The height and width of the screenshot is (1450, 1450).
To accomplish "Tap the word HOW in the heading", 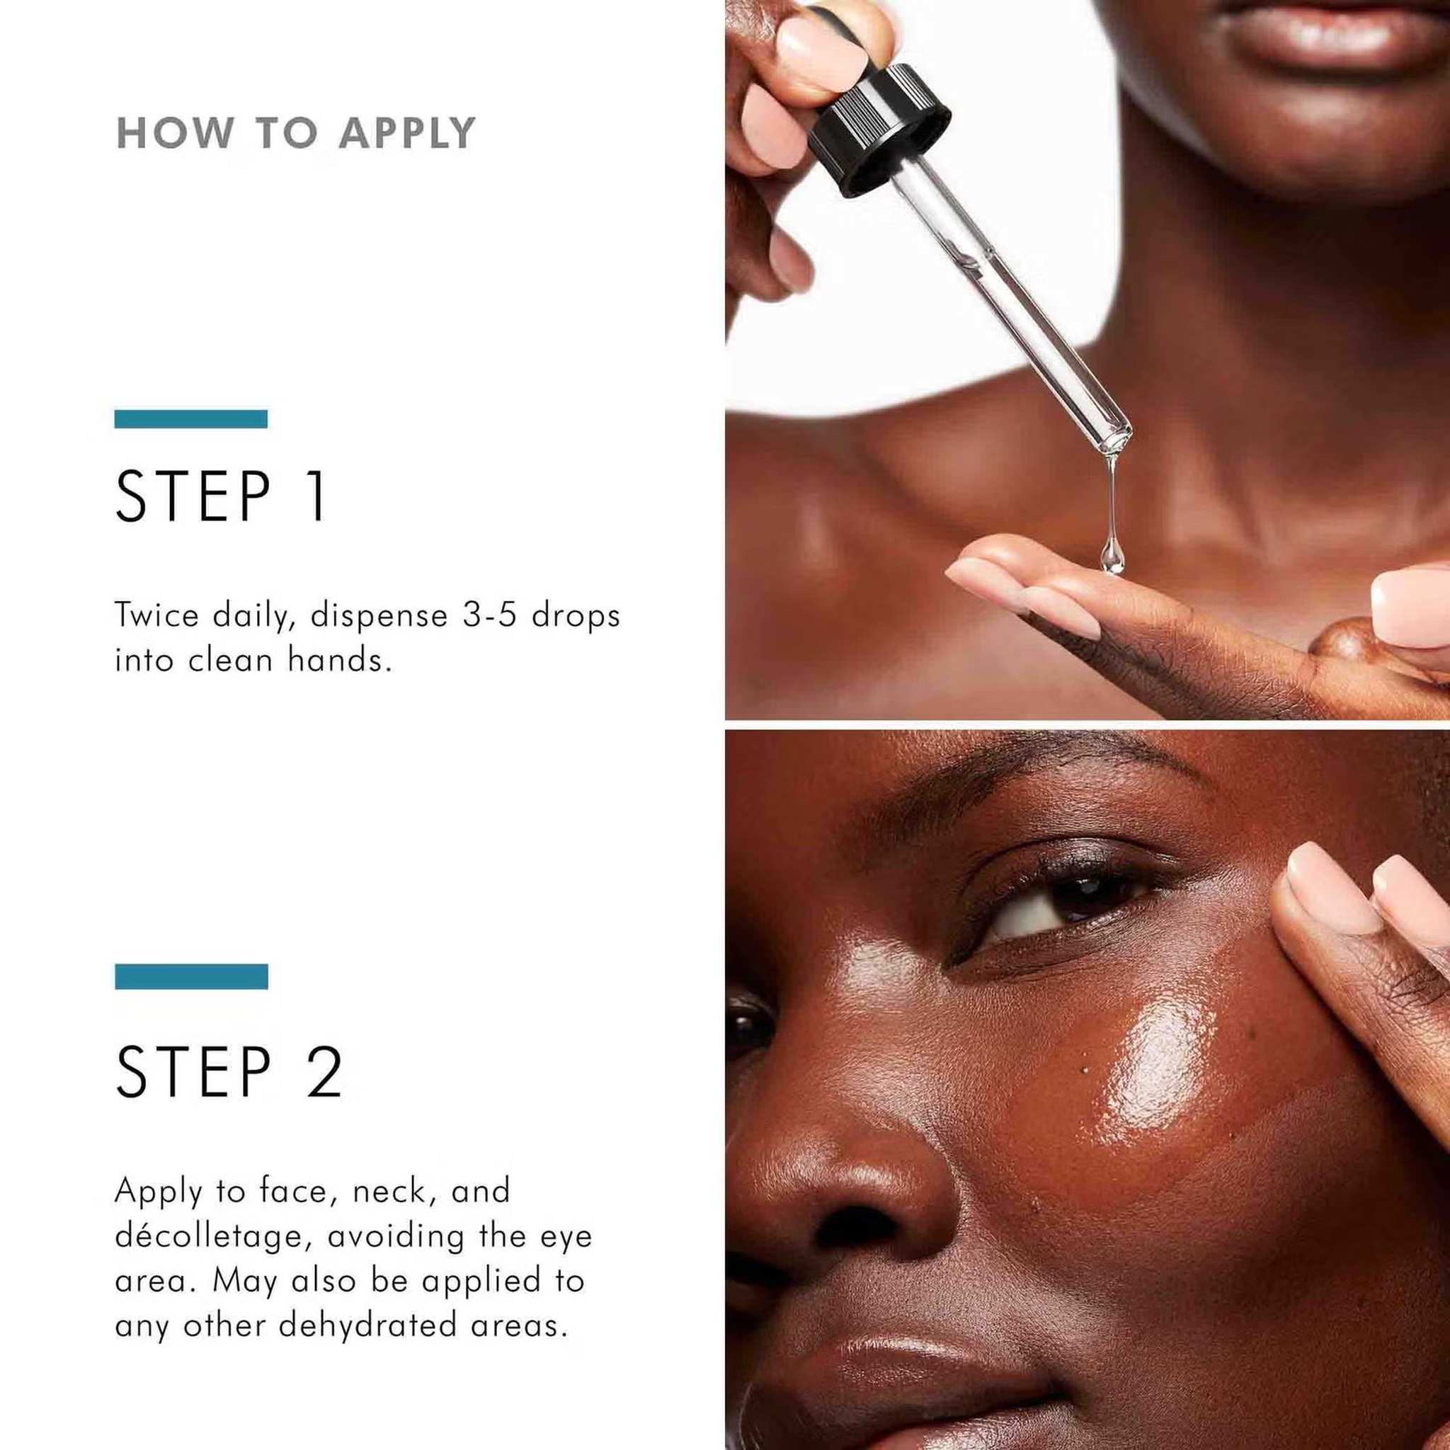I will (x=174, y=134).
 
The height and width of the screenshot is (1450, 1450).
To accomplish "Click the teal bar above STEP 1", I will (x=190, y=419).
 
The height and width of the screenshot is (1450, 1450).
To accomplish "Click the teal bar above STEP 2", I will (x=191, y=976).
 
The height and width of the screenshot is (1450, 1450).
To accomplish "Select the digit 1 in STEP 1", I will (x=317, y=496).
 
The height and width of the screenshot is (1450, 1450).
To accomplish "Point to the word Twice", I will (x=157, y=615).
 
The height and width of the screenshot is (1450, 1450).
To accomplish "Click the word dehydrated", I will (x=367, y=1327).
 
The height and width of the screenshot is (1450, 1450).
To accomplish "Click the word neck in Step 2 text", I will (x=392, y=1193).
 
